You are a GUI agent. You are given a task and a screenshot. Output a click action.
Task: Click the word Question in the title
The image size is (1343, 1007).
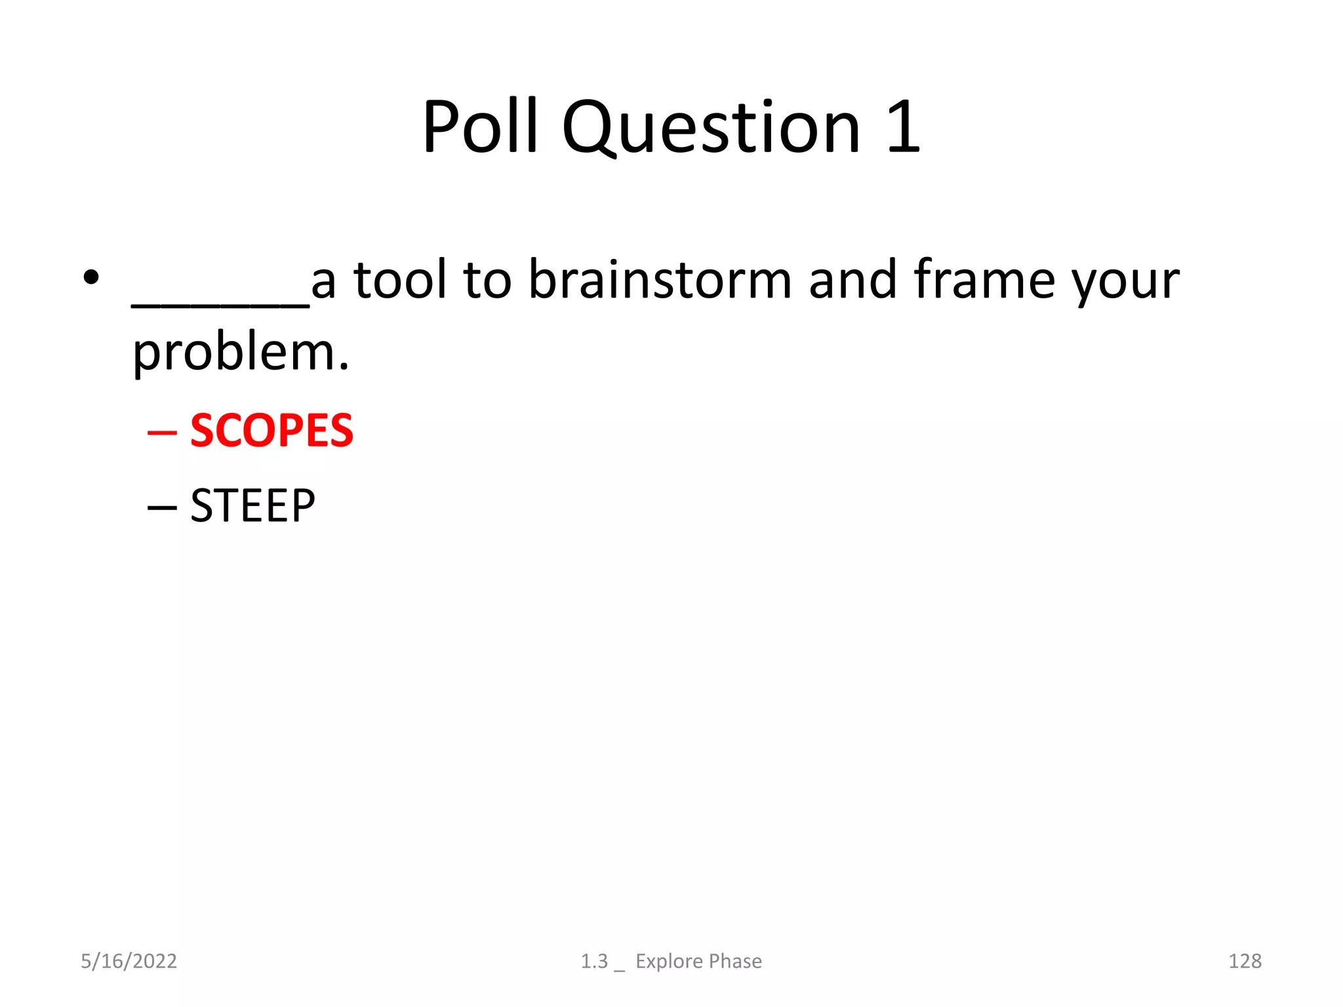(x=711, y=128)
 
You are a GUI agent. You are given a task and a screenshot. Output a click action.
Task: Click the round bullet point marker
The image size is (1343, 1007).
(x=91, y=277)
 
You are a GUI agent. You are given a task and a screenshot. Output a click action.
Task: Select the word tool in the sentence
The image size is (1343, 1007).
(x=399, y=280)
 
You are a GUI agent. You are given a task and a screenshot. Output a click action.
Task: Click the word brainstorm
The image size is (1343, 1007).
(x=660, y=280)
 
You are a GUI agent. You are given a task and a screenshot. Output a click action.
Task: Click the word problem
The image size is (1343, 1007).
(x=240, y=354)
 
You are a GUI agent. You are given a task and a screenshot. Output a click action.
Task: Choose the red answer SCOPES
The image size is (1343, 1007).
(x=271, y=431)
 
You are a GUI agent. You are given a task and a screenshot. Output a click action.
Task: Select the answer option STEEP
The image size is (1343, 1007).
(x=252, y=505)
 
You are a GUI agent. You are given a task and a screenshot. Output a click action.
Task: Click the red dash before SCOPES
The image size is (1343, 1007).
(x=162, y=433)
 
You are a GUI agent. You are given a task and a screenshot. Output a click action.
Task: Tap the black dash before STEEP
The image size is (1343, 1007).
(x=162, y=507)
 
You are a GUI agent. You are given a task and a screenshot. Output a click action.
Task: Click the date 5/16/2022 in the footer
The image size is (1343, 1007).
(x=129, y=961)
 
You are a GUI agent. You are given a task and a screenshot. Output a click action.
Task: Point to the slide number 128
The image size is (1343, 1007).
(x=1244, y=961)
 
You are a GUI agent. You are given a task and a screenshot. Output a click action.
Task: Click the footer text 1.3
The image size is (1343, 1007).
(x=594, y=961)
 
